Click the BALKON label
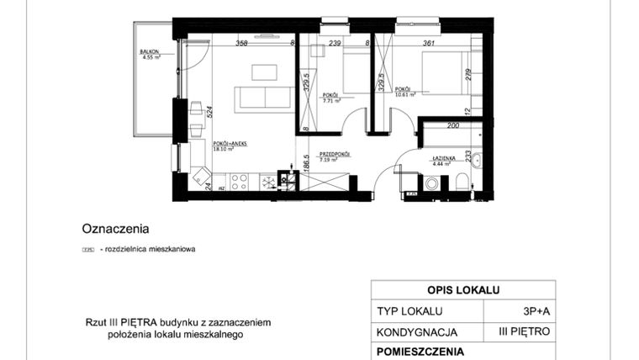[x=151, y=52]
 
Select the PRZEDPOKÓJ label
[x=334, y=154]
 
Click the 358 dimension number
[x=242, y=43]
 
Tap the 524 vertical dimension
[x=209, y=109]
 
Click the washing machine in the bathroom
[x=432, y=183]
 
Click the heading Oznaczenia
[x=115, y=228]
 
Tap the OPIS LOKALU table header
[x=462, y=290]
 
